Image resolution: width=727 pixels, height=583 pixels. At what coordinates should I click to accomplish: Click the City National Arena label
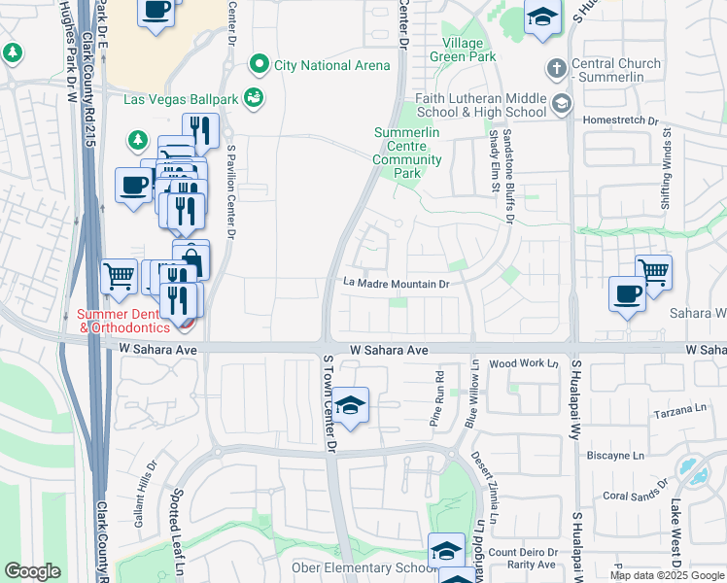point(332,65)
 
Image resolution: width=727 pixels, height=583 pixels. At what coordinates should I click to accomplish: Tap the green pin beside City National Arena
point(259,65)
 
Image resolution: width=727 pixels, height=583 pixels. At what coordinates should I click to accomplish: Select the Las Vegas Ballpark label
point(182,98)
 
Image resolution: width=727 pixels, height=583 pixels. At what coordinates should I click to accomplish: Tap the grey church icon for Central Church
point(556,68)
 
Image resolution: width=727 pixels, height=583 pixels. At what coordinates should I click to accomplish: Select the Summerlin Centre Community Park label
point(407,153)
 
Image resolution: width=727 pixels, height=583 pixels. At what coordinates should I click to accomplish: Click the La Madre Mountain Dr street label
point(396,285)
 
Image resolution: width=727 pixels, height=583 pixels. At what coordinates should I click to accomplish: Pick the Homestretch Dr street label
point(620,121)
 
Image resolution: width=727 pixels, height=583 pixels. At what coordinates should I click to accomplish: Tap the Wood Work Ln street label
point(524,363)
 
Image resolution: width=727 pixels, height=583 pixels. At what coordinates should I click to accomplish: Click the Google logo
point(32,571)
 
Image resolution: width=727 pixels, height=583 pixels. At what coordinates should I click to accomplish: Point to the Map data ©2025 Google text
point(667,575)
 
